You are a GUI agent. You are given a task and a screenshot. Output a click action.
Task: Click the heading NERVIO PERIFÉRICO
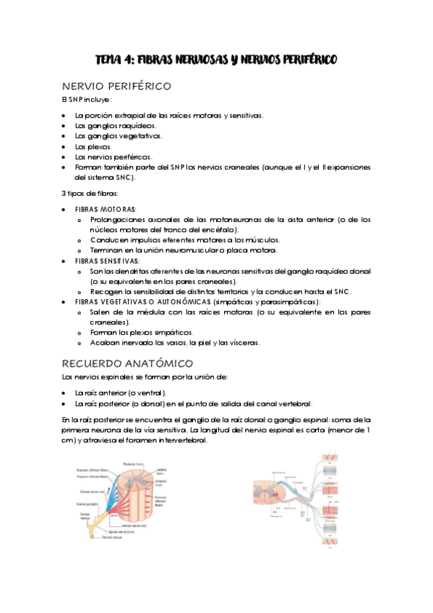(116, 86)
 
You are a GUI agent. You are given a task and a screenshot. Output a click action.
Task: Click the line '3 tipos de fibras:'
(87, 193)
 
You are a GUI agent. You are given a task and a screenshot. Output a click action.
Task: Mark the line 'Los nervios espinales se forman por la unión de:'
(145, 377)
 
